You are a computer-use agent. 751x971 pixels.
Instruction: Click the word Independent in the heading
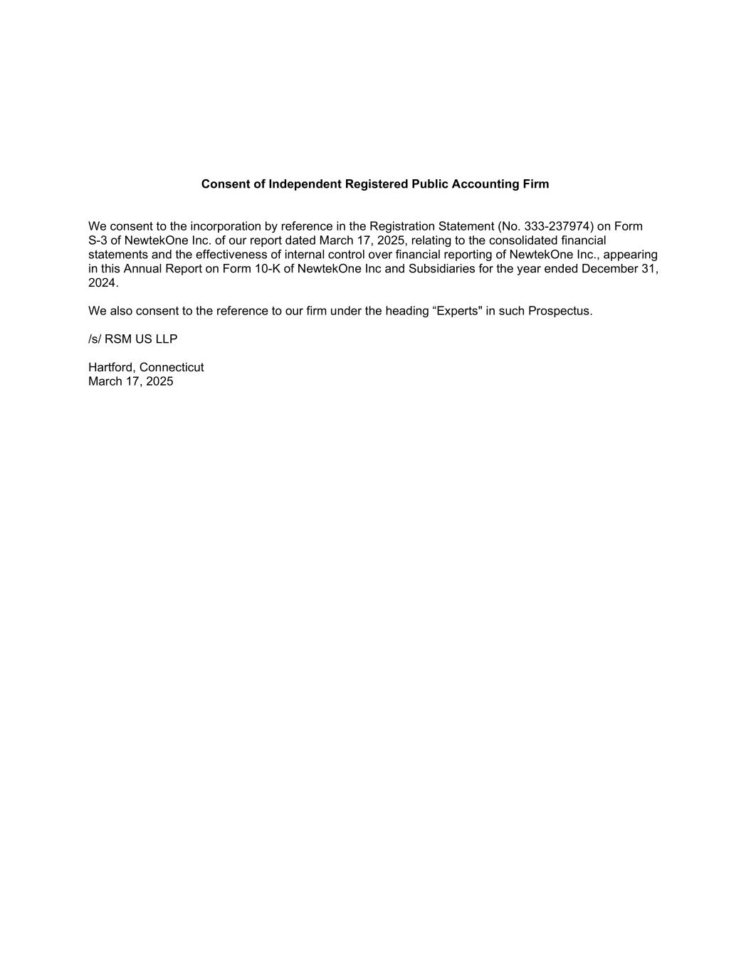[305, 184]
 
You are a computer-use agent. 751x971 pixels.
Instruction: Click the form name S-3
[98, 240]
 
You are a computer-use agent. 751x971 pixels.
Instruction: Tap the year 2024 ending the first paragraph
[102, 283]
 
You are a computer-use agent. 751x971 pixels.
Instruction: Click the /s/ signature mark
[95, 339]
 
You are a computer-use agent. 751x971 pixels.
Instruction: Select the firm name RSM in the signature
[118, 339]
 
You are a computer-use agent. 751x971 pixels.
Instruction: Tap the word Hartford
[112, 368]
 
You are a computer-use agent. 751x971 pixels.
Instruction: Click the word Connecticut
[172, 368]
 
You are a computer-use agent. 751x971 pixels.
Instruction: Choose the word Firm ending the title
[535, 184]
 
